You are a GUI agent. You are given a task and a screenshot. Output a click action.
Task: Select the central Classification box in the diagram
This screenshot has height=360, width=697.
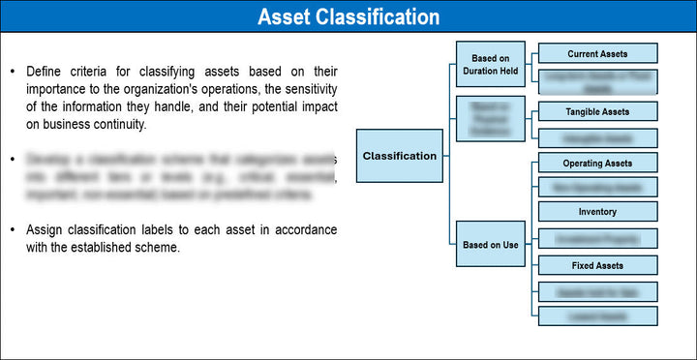point(399,156)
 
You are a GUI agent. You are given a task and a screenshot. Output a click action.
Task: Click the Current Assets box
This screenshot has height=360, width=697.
point(596,53)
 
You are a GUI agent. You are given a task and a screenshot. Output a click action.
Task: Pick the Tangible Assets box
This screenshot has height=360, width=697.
point(596,112)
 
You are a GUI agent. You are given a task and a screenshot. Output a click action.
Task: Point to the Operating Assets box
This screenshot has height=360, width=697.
point(596,163)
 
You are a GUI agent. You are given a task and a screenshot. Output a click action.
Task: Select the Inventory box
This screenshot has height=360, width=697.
point(596,212)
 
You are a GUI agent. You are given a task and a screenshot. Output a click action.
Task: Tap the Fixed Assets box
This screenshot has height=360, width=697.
point(596,265)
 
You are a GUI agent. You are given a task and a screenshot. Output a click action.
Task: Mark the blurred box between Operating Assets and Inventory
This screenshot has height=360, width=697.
point(596,188)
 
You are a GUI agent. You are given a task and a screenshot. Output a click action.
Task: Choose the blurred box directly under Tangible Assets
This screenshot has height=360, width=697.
point(596,137)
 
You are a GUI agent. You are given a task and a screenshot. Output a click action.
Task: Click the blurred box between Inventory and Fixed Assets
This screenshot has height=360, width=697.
point(596,238)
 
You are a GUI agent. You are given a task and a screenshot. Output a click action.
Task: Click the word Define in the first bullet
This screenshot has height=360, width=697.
point(45,72)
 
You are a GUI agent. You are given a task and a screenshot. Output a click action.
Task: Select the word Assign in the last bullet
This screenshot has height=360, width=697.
point(45,229)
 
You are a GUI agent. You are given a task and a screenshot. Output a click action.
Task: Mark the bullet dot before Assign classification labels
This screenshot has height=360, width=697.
point(12,230)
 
